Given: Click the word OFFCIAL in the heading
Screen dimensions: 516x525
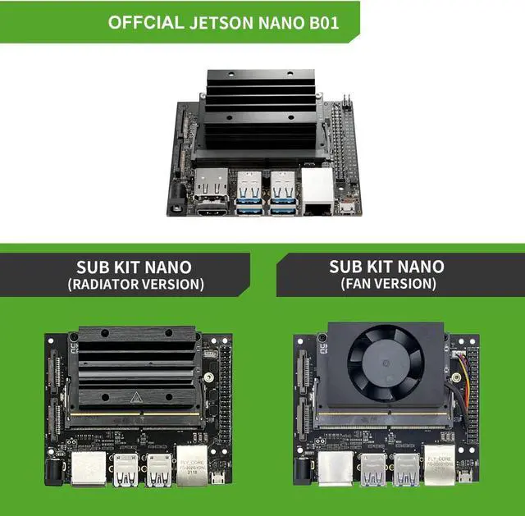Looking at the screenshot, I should [x=147, y=21].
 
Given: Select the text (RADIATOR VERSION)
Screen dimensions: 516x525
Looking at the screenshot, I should [x=135, y=285].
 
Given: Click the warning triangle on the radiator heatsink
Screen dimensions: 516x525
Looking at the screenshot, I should [x=135, y=398].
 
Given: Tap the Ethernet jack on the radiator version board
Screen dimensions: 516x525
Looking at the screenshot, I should [x=191, y=464].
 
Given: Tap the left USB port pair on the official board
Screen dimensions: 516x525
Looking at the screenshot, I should [x=249, y=194].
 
